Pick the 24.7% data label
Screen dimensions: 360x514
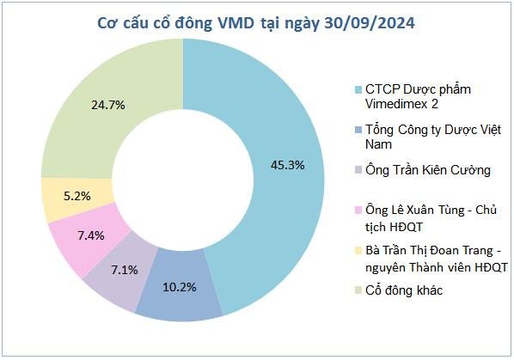click(108, 105)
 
